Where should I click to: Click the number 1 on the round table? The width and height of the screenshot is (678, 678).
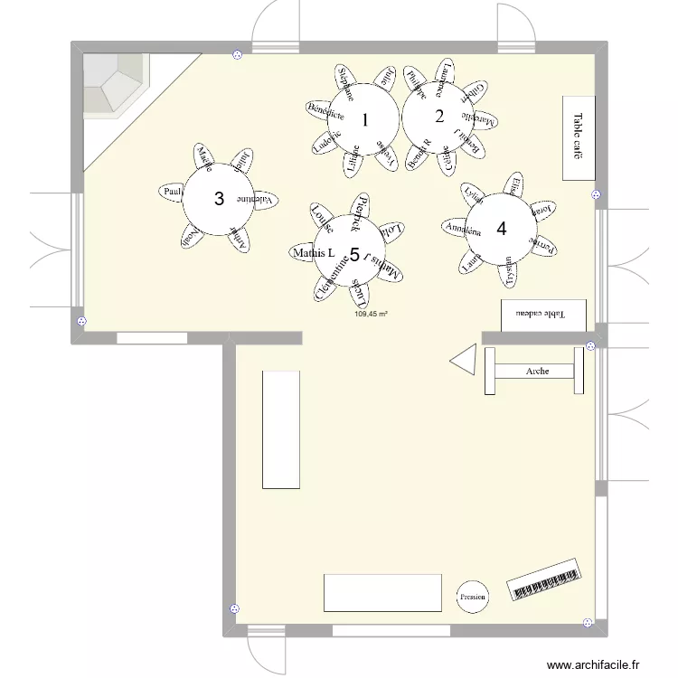[x=364, y=119]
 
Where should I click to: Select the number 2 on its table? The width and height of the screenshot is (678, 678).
[x=439, y=116]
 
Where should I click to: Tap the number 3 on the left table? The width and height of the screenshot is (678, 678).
[x=218, y=198]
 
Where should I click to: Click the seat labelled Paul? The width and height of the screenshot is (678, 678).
[x=172, y=192]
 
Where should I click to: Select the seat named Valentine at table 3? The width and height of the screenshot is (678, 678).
[x=259, y=200]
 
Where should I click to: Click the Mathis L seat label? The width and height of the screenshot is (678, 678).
[x=314, y=253]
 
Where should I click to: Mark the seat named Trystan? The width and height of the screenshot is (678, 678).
[x=510, y=271]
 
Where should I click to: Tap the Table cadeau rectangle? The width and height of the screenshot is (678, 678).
[x=543, y=315]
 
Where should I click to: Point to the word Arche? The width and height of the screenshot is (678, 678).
[x=538, y=371]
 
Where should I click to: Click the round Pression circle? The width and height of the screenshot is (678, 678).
[x=472, y=597]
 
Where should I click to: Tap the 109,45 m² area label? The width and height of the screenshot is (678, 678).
[x=371, y=315]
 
